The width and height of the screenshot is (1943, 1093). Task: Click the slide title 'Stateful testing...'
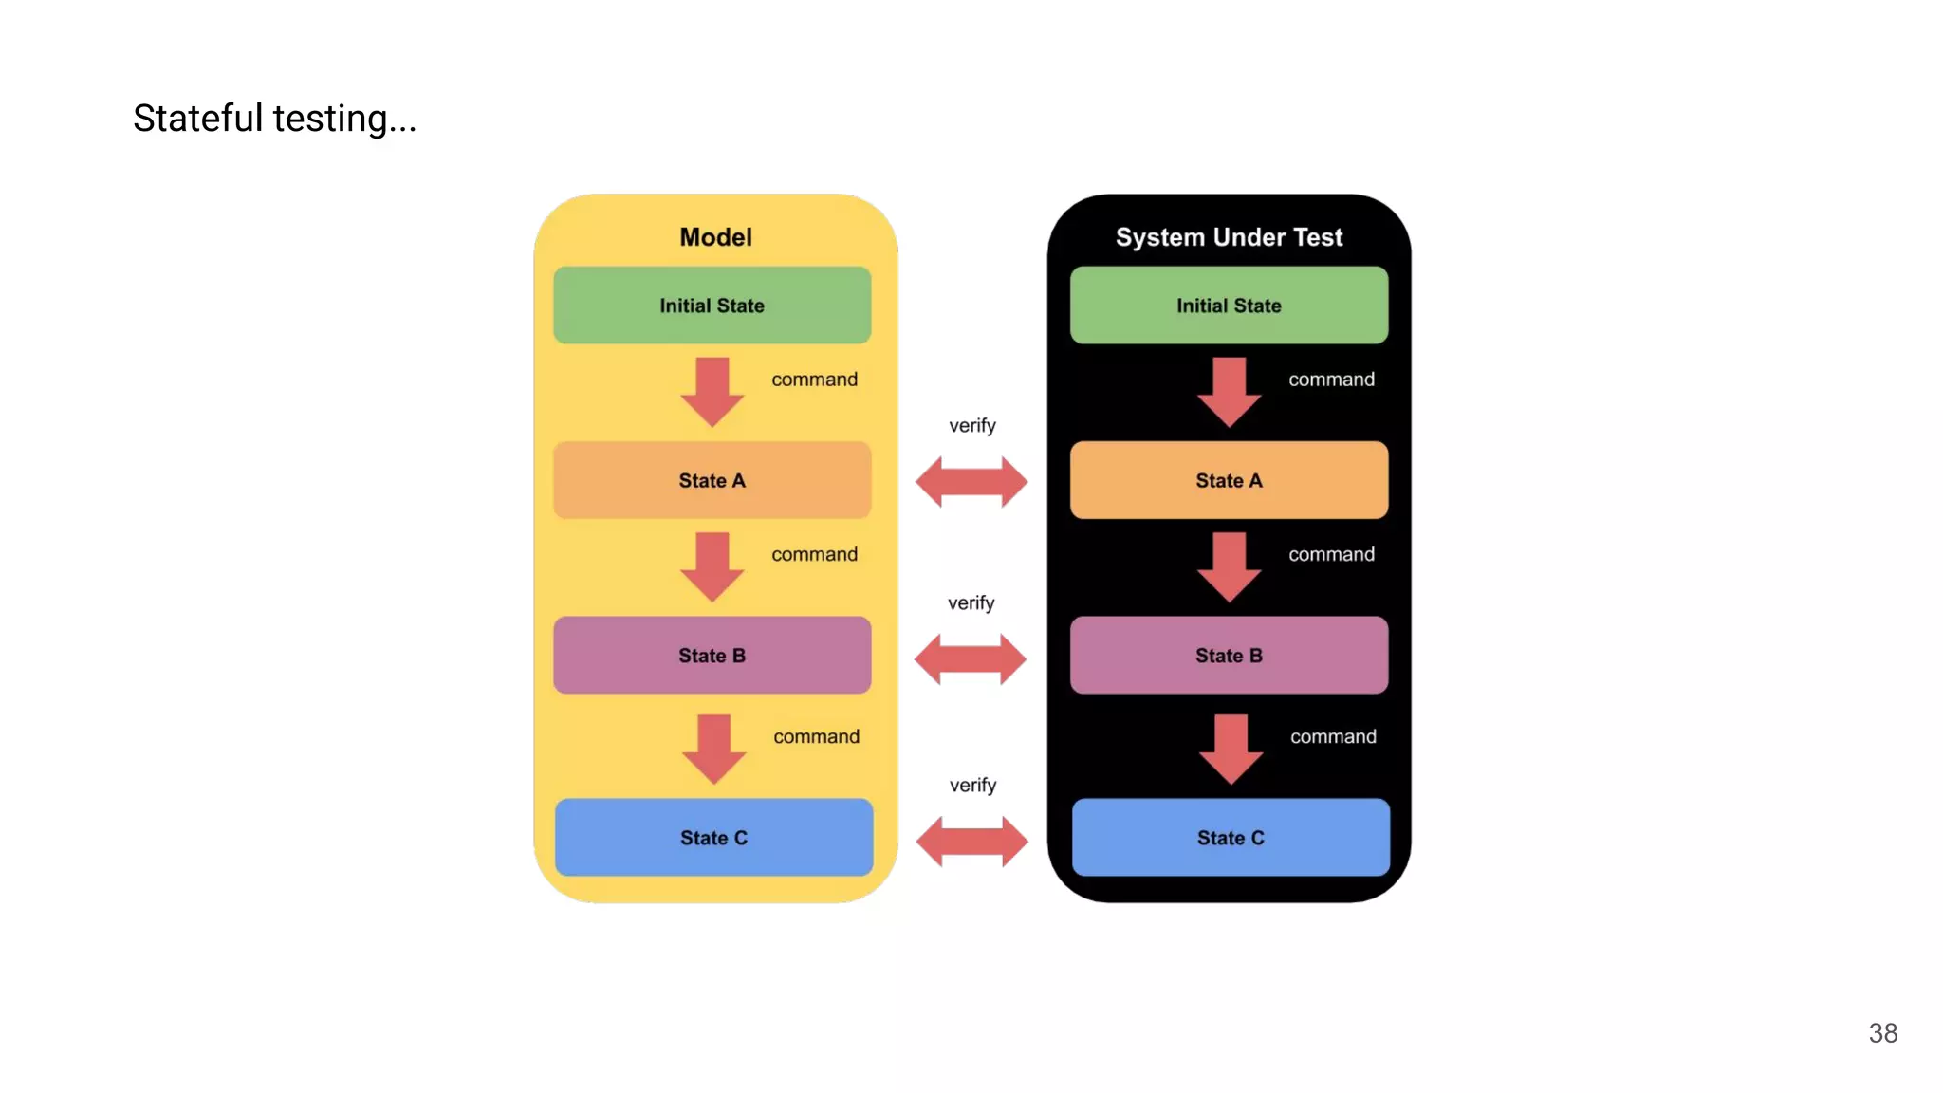tap(274, 119)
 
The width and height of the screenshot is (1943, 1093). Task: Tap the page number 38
tap(1882, 1033)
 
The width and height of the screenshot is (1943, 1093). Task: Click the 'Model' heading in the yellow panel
tap(715, 237)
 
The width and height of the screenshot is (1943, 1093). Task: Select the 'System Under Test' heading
tap(1229, 237)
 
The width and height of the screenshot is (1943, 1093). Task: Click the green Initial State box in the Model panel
tap(712, 306)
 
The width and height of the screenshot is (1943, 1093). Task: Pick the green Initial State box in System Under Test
tap(1229, 306)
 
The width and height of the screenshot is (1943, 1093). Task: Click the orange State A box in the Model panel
tap(712, 480)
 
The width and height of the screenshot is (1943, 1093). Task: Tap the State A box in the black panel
tap(1229, 480)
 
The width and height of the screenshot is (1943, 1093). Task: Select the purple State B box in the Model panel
tap(712, 656)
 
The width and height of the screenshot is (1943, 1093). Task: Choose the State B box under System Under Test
tap(1229, 656)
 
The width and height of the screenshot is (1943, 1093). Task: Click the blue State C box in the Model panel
tap(713, 838)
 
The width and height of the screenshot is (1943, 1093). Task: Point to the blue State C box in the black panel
tap(1231, 838)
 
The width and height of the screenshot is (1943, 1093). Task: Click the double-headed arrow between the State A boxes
tap(971, 482)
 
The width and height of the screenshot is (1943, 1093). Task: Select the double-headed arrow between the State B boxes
tap(970, 659)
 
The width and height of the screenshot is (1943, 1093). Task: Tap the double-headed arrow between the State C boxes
tap(971, 842)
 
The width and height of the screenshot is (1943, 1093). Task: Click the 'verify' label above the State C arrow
tap(972, 786)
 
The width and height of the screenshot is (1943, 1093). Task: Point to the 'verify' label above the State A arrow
tap(972, 426)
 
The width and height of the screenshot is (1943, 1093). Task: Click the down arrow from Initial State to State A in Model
tap(712, 391)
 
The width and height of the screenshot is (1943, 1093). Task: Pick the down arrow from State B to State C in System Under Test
tap(1231, 749)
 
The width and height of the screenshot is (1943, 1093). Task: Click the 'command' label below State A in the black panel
tap(1331, 555)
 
